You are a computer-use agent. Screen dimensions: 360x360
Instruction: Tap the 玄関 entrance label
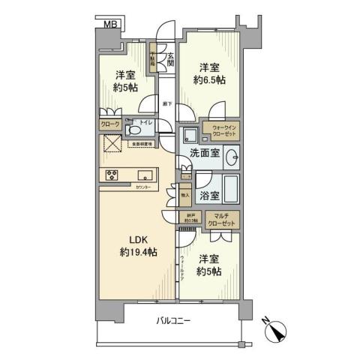point(170,58)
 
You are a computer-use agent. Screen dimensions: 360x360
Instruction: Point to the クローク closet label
point(109,125)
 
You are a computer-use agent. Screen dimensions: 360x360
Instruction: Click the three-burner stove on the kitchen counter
point(113,176)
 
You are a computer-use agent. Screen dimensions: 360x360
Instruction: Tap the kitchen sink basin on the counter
point(144,176)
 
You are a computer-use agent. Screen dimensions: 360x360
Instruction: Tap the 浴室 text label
point(209,196)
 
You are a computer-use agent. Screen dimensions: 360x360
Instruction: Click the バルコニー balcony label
point(175,321)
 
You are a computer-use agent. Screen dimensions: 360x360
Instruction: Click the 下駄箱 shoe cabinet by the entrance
point(152,59)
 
